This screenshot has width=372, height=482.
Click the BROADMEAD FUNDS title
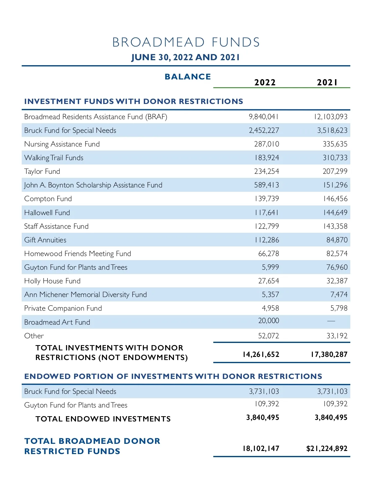(186, 42)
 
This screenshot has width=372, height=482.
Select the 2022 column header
(265, 82)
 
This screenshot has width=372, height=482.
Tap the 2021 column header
(327, 82)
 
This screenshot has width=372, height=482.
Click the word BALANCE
(188, 77)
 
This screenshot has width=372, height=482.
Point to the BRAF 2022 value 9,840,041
(264, 117)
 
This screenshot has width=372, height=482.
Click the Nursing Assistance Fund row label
(62, 144)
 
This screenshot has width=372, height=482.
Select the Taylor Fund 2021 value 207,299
(335, 171)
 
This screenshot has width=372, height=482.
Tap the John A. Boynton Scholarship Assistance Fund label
(93, 185)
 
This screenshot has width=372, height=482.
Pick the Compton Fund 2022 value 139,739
(267, 199)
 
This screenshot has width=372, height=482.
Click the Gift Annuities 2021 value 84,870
(337, 240)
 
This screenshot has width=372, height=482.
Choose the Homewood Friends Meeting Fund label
(77, 254)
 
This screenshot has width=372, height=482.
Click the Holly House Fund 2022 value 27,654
(268, 281)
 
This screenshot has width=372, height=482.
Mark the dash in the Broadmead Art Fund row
(331, 321)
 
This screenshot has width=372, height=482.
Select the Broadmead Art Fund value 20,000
(268, 321)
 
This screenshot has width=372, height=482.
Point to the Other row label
(34, 336)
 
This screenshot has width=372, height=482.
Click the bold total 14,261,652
(261, 354)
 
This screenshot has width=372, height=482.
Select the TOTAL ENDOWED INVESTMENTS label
(103, 419)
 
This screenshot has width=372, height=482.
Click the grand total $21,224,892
(327, 448)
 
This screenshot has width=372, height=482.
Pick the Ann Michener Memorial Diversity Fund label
(86, 295)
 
